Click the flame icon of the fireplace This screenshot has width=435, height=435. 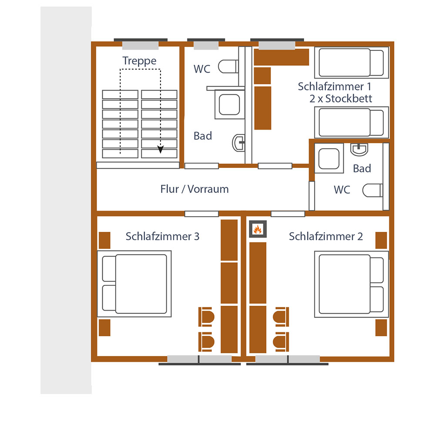(x=257, y=229)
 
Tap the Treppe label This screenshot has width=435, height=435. (x=139, y=61)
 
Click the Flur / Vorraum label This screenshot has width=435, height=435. (x=194, y=189)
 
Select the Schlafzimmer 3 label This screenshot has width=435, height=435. (x=162, y=237)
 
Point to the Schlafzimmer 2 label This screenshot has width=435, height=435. (x=326, y=237)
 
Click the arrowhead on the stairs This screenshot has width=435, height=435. (x=161, y=150)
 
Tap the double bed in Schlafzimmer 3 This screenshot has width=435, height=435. (x=134, y=284)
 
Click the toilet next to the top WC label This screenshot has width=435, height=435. (x=228, y=67)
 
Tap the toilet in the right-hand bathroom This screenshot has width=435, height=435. (x=372, y=190)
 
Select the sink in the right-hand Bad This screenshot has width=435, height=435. (x=359, y=149)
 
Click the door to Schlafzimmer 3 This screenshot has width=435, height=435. (x=201, y=214)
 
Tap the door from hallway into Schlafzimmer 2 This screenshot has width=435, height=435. (x=288, y=214)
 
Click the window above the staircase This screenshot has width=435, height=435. (x=140, y=46)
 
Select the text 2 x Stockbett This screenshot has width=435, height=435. (x=341, y=98)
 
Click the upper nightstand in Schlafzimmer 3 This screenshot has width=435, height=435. (x=104, y=240)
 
